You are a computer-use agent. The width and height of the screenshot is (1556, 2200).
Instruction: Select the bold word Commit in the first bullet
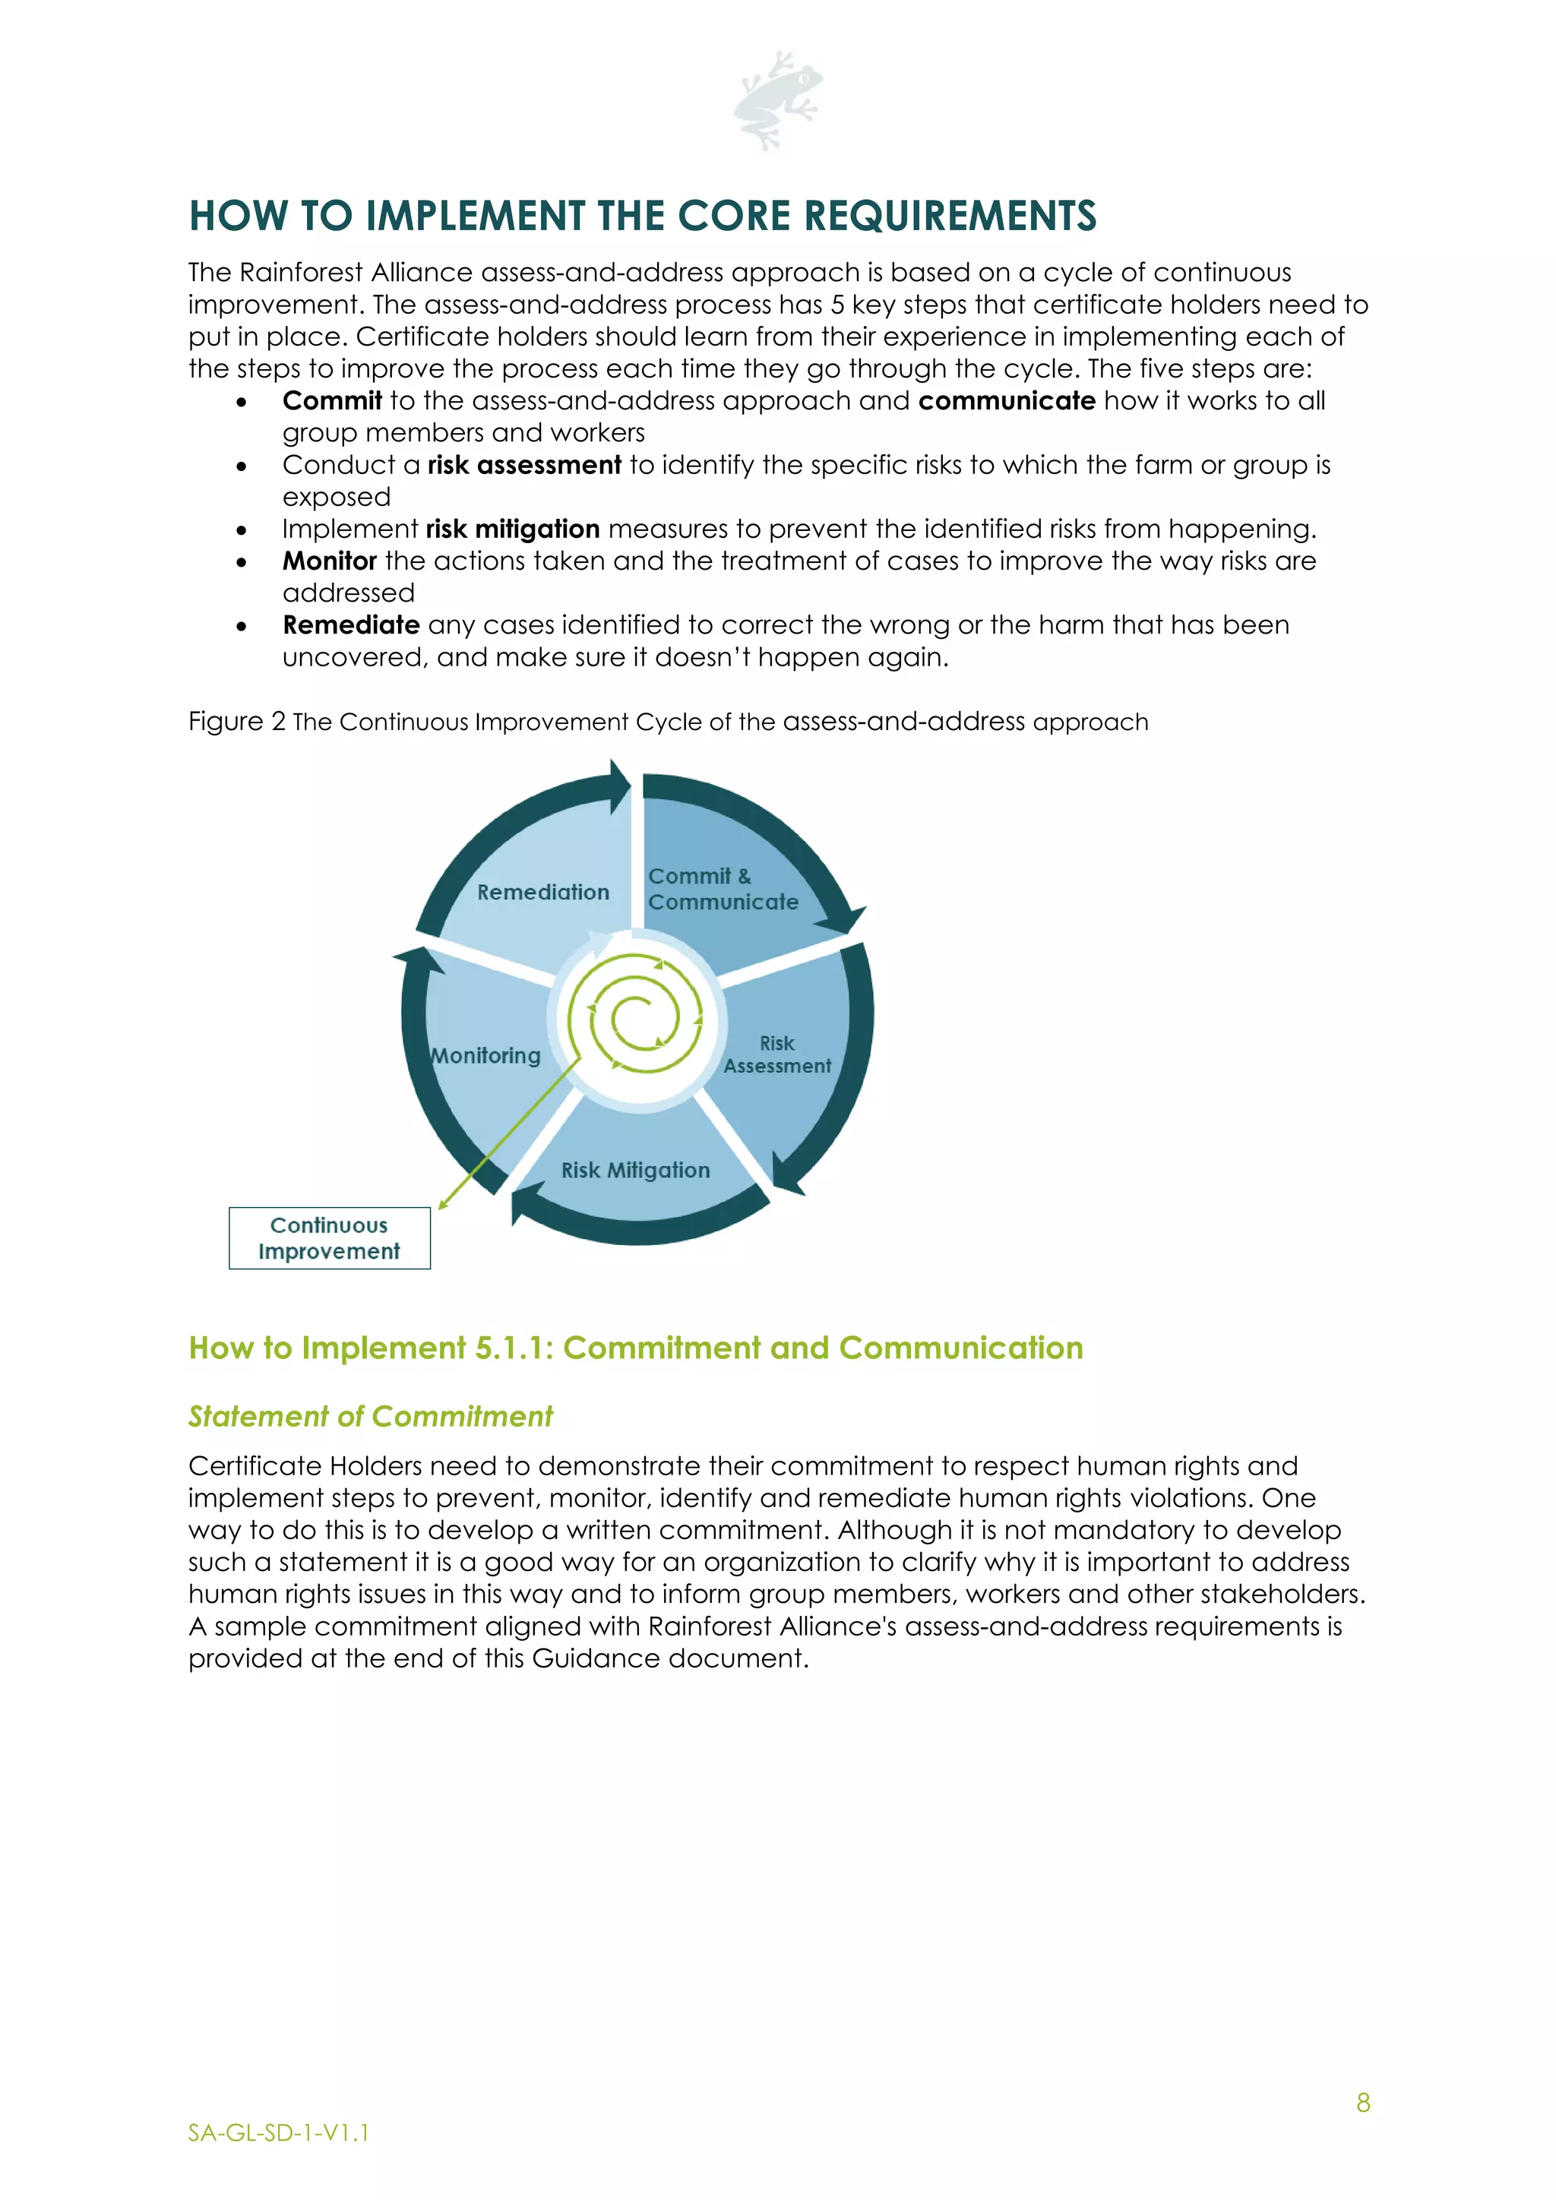(x=331, y=400)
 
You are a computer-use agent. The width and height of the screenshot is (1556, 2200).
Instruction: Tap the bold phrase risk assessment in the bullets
(x=524, y=465)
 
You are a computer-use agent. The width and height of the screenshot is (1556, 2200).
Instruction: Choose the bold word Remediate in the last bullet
(x=351, y=624)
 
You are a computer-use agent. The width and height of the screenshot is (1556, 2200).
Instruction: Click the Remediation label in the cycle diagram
(x=543, y=892)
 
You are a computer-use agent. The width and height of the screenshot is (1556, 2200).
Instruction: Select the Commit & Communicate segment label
(x=723, y=890)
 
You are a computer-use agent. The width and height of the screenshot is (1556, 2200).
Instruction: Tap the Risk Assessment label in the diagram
(x=777, y=1054)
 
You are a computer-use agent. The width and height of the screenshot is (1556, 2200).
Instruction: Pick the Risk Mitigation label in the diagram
(x=635, y=1170)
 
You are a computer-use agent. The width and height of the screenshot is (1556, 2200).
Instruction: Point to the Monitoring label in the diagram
(x=485, y=1055)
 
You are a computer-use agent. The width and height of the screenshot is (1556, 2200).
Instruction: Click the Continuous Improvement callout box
(x=330, y=1238)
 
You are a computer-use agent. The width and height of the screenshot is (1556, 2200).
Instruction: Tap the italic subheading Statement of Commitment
(x=370, y=1416)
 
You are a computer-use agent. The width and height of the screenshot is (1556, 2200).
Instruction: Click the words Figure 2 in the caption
(x=236, y=722)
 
